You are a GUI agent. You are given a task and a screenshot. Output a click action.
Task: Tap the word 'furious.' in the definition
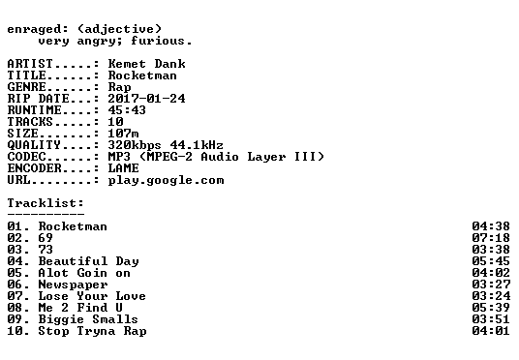pyautogui.click(x=162, y=41)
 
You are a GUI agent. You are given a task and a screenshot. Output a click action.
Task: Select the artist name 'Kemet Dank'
pyautogui.click(x=147, y=64)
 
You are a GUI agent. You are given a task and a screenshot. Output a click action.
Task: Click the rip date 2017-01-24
pyautogui.click(x=147, y=99)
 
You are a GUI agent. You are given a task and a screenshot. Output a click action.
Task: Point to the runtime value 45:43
pyautogui.click(x=127, y=110)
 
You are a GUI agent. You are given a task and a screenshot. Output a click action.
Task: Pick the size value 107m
pyautogui.click(x=124, y=134)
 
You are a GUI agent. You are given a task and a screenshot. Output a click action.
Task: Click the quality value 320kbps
pyautogui.click(x=135, y=145)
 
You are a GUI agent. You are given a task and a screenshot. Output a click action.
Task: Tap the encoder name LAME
pyautogui.click(x=124, y=168)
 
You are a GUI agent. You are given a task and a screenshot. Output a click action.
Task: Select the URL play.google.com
pyautogui.click(x=167, y=181)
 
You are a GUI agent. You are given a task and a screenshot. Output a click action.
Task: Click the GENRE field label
pyautogui.click(x=27, y=87)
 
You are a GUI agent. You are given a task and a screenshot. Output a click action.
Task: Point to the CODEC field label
pyautogui.click(x=27, y=157)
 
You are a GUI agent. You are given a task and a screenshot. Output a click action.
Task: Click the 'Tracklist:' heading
pyautogui.click(x=46, y=203)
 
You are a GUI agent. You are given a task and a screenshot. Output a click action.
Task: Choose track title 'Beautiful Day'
pyautogui.click(x=89, y=261)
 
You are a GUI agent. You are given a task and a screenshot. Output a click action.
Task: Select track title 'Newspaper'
pyautogui.click(x=74, y=285)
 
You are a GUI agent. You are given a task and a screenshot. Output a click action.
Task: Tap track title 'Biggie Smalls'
pyautogui.click(x=88, y=319)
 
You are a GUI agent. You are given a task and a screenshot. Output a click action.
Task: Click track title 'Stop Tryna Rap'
pyautogui.click(x=93, y=331)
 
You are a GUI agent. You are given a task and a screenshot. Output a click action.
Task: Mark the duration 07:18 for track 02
pyautogui.click(x=491, y=238)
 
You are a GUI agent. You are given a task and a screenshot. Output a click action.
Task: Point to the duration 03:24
pyautogui.click(x=491, y=296)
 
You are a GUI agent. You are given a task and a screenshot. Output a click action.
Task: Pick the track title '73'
pyautogui.click(x=46, y=250)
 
